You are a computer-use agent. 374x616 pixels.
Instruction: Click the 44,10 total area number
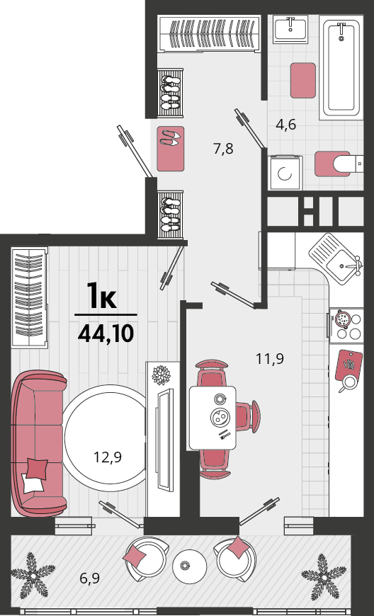(106, 334)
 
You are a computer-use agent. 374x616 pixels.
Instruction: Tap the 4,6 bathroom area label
(285, 125)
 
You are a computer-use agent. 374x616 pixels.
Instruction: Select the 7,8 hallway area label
(223, 149)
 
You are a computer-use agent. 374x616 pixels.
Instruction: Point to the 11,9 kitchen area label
(270, 359)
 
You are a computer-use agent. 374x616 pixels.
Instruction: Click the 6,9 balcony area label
(89, 578)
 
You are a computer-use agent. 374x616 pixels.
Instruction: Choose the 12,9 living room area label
(108, 457)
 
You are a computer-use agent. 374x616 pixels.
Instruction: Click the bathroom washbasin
(290, 28)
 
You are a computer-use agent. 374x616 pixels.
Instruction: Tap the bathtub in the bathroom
(341, 67)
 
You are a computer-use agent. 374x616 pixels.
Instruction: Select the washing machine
(285, 173)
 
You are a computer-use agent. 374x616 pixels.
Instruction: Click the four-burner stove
(346, 325)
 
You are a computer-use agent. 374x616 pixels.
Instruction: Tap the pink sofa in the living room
(38, 443)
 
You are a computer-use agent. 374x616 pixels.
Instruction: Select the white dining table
(212, 418)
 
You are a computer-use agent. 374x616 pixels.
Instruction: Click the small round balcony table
(190, 566)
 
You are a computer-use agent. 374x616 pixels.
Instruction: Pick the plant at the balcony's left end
(33, 576)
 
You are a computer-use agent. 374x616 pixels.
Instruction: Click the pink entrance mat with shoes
(171, 149)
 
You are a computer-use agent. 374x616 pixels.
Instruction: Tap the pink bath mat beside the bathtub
(303, 80)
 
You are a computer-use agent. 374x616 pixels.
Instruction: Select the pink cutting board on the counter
(348, 365)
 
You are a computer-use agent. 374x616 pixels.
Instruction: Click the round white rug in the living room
(106, 438)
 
